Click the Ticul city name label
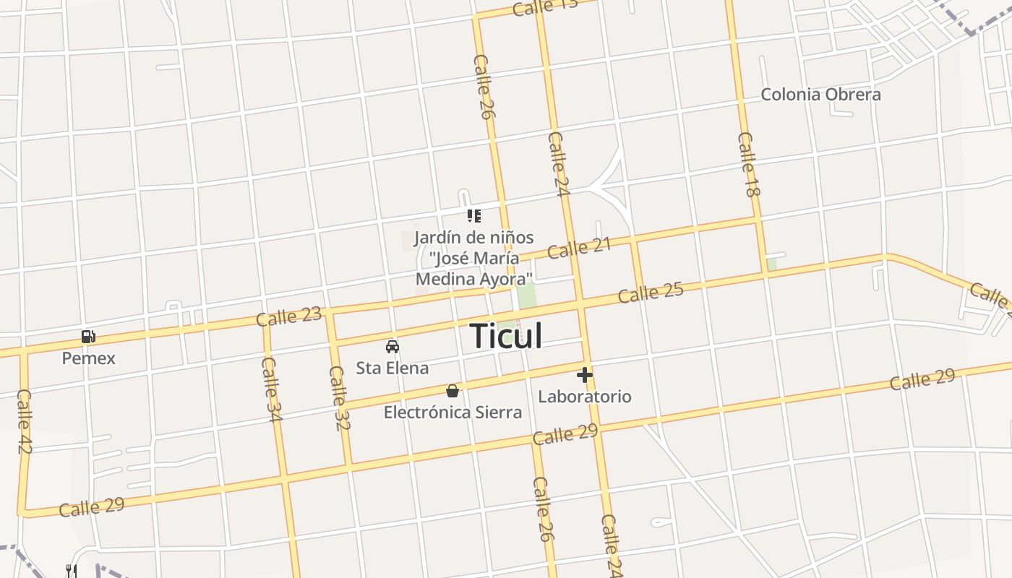[506, 336]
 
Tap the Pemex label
[88, 358]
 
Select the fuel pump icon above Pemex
[88, 337]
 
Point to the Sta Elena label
[392, 368]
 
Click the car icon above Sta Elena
[392, 347]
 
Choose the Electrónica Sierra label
[453, 413]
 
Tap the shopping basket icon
[453, 392]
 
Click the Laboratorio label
[585, 397]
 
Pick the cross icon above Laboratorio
[585, 375]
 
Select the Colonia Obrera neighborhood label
[821, 95]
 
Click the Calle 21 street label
[579, 248]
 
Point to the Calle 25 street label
[651, 293]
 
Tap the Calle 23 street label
[288, 316]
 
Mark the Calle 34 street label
[272, 389]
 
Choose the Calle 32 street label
[338, 398]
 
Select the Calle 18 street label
[750, 165]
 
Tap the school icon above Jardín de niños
[474, 215]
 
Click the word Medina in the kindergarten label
[443, 279]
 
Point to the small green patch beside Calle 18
[772, 264]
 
